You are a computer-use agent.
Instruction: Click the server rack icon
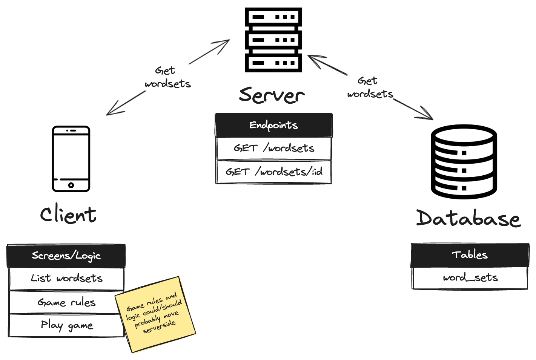point(273,40)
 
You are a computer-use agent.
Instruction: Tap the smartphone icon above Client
point(71,159)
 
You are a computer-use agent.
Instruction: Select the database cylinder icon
point(464,162)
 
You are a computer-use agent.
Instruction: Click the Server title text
point(272,95)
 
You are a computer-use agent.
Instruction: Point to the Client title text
point(68,215)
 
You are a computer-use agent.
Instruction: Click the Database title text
point(468,218)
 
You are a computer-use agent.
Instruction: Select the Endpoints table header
point(273,125)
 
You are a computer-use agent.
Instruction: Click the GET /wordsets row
point(273,149)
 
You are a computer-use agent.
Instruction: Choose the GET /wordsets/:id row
point(273,172)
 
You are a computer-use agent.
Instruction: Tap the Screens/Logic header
point(66,256)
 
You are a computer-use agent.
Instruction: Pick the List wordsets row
point(66,279)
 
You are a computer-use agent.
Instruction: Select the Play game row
point(66,325)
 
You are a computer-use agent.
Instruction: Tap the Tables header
point(470,255)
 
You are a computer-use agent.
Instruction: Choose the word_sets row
point(470,278)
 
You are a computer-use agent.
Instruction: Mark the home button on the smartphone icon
point(71,185)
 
